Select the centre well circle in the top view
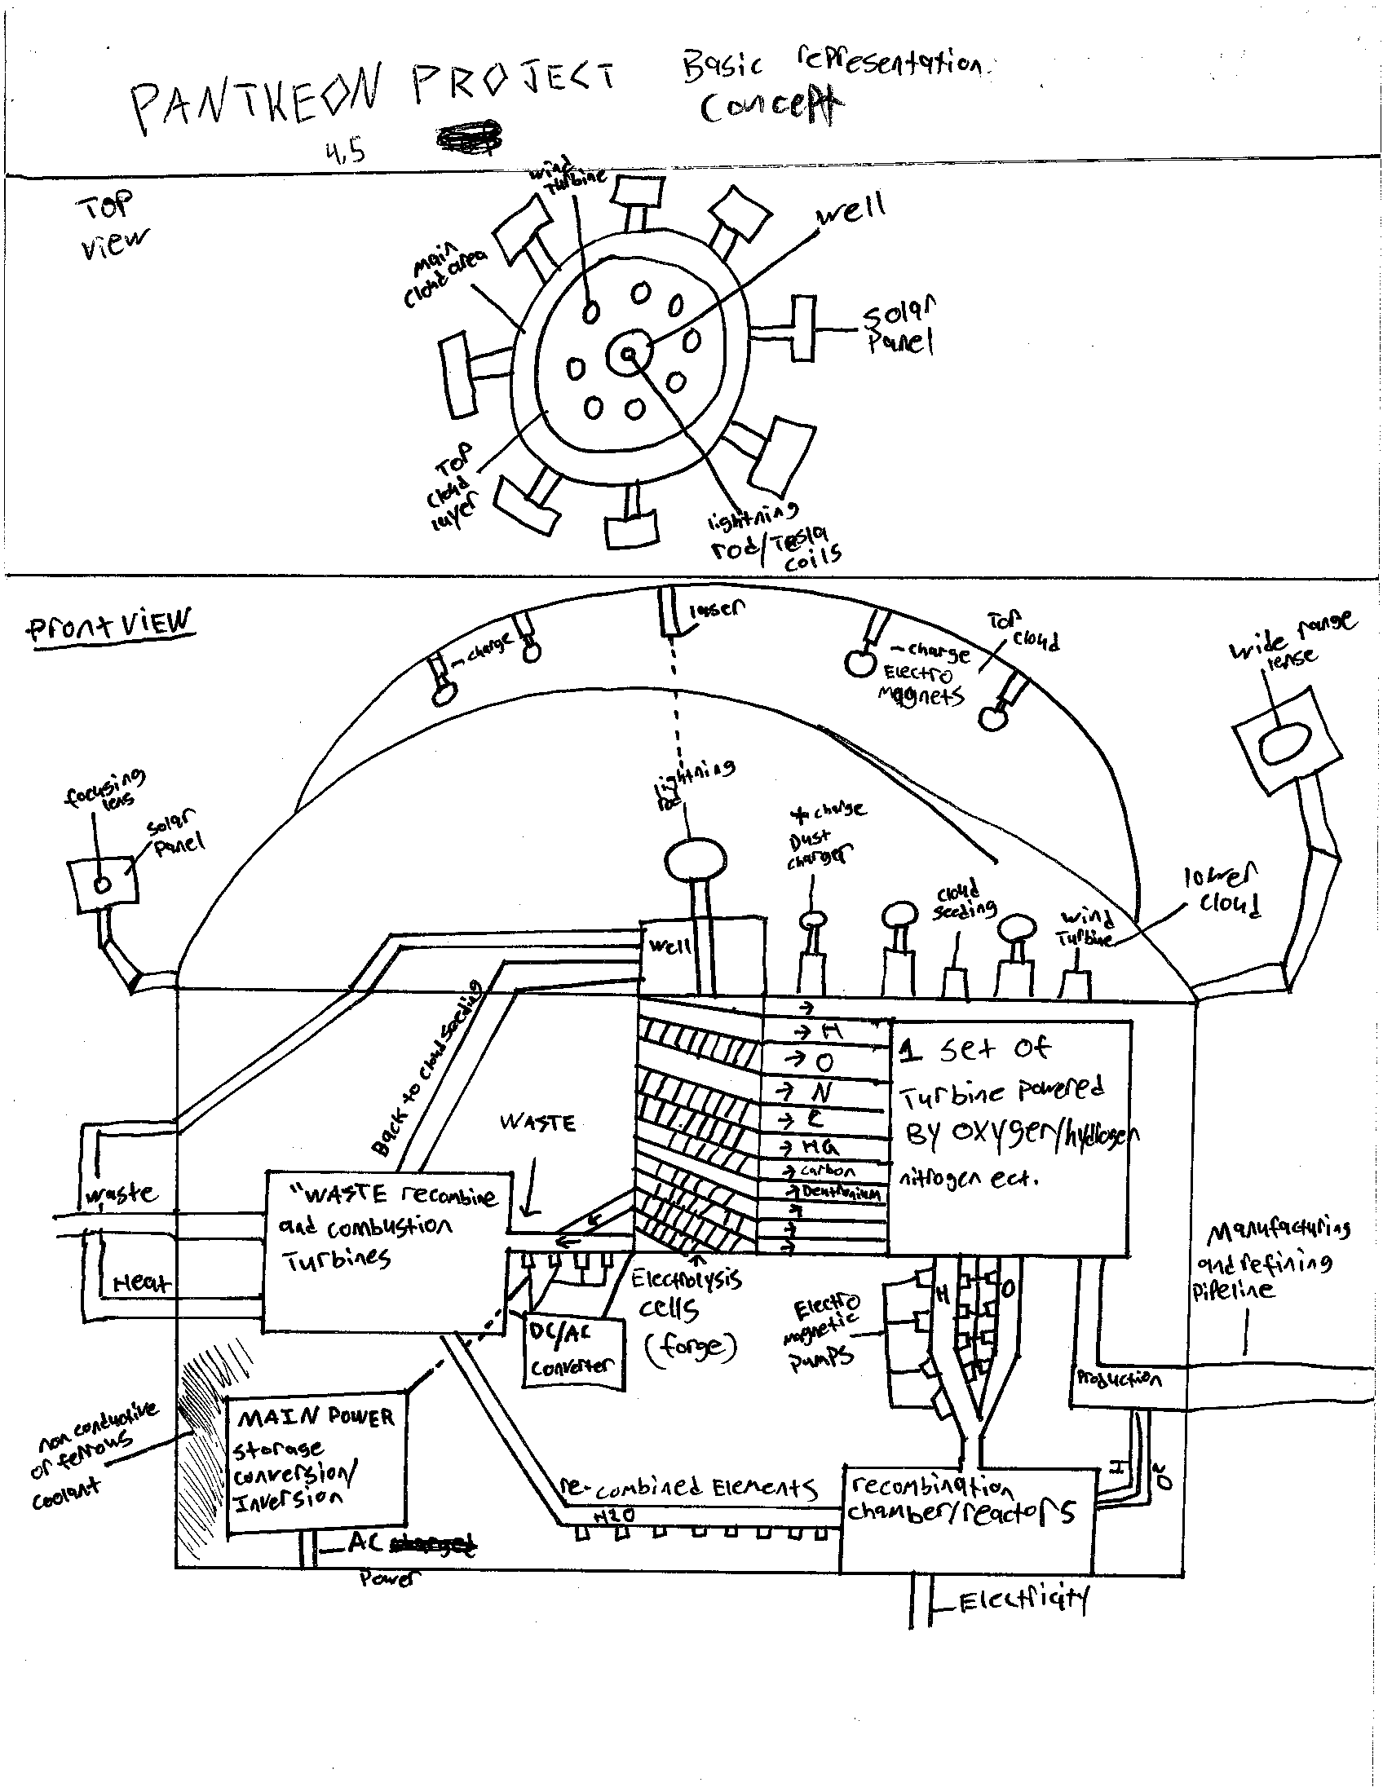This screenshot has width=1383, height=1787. coord(629,354)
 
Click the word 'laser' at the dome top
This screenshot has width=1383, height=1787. coord(717,609)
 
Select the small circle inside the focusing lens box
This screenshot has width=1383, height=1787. coord(102,885)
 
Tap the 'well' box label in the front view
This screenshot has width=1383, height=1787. coord(669,946)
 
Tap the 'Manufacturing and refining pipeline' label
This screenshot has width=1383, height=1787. coord(1269,1260)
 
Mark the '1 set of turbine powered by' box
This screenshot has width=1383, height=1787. coord(1010,1137)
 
